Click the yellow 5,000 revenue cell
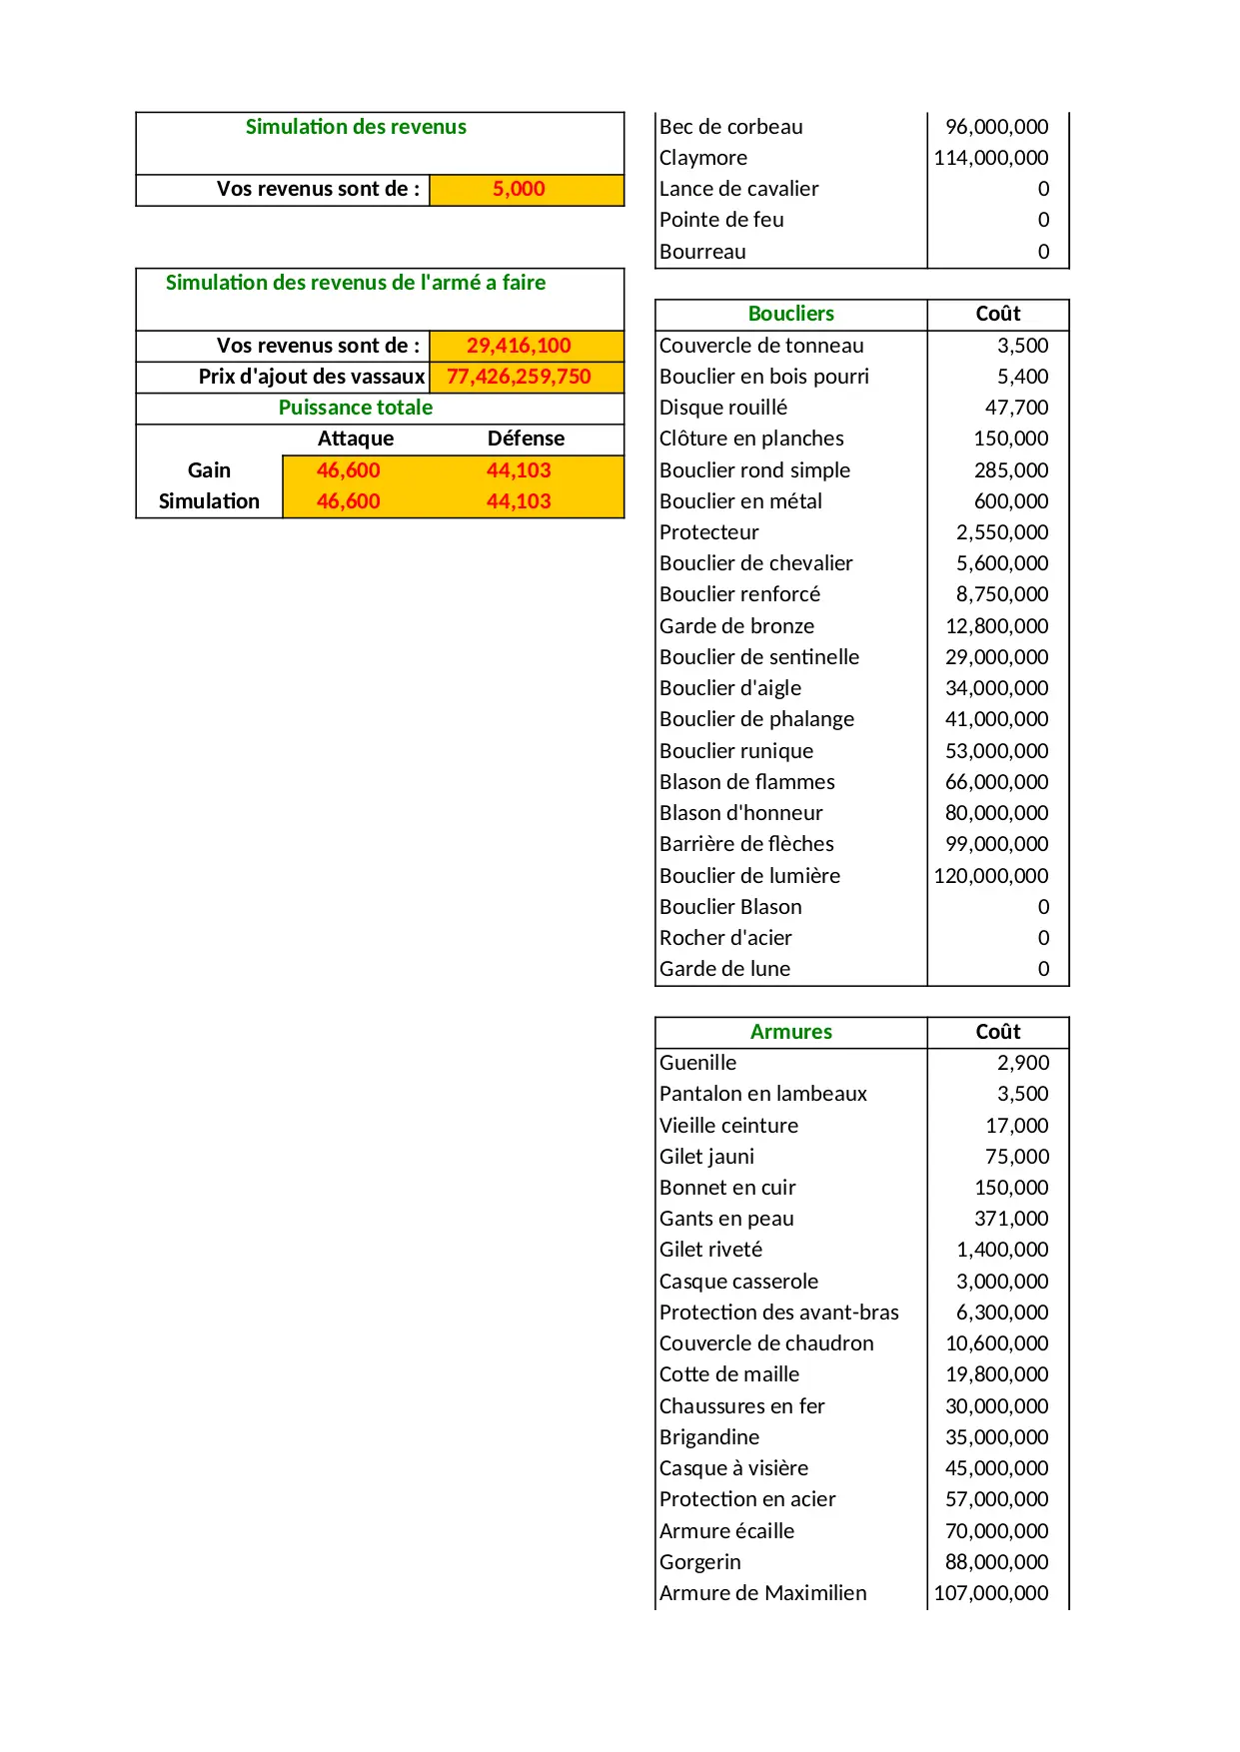click(519, 189)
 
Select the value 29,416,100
click(519, 346)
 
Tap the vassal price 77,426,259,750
click(519, 377)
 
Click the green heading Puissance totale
click(356, 408)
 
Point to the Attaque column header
click(356, 438)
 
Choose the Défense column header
click(526, 438)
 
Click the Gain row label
click(209, 470)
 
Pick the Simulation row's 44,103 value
click(519, 501)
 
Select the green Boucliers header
click(790, 314)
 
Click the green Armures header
click(790, 1032)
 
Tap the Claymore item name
click(703, 158)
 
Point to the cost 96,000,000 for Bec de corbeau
click(996, 127)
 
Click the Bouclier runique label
click(736, 751)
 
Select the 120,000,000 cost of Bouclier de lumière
click(990, 876)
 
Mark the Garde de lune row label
click(724, 969)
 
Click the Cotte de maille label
click(729, 1374)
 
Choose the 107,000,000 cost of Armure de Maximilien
click(990, 1593)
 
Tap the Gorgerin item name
click(699, 1562)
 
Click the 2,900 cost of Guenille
click(1023, 1063)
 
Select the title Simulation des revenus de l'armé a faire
click(356, 283)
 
